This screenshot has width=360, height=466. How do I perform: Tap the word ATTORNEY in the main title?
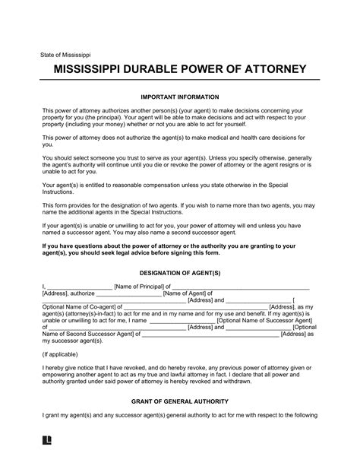coord(270,71)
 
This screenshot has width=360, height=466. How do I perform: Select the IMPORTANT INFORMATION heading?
coord(180,97)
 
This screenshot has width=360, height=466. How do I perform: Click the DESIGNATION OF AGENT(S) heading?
coord(180,272)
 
